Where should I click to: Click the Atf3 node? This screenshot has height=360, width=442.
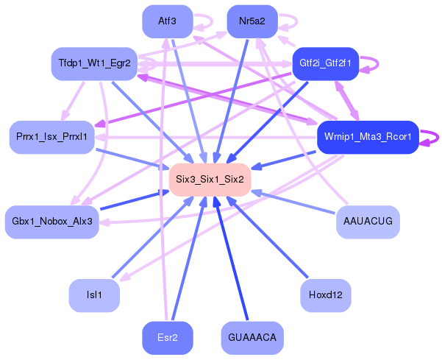[x=167, y=21]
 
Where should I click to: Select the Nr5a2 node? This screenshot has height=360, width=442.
[x=252, y=21]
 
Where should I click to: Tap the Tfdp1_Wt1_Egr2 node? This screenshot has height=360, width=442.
[x=94, y=63]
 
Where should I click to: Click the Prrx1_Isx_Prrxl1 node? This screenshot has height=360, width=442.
[x=51, y=137]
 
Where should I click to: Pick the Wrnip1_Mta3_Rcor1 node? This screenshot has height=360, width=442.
[x=367, y=137]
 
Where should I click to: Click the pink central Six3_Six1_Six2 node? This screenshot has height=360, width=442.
[x=210, y=180]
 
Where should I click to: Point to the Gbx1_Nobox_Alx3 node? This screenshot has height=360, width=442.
[x=51, y=222]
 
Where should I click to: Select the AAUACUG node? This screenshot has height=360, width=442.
[x=368, y=222]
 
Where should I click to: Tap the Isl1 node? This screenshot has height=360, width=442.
[x=94, y=295]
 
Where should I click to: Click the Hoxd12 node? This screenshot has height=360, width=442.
[x=325, y=295]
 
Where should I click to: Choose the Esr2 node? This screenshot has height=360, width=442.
[x=167, y=337]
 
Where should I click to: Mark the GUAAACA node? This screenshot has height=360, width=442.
[x=252, y=337]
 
